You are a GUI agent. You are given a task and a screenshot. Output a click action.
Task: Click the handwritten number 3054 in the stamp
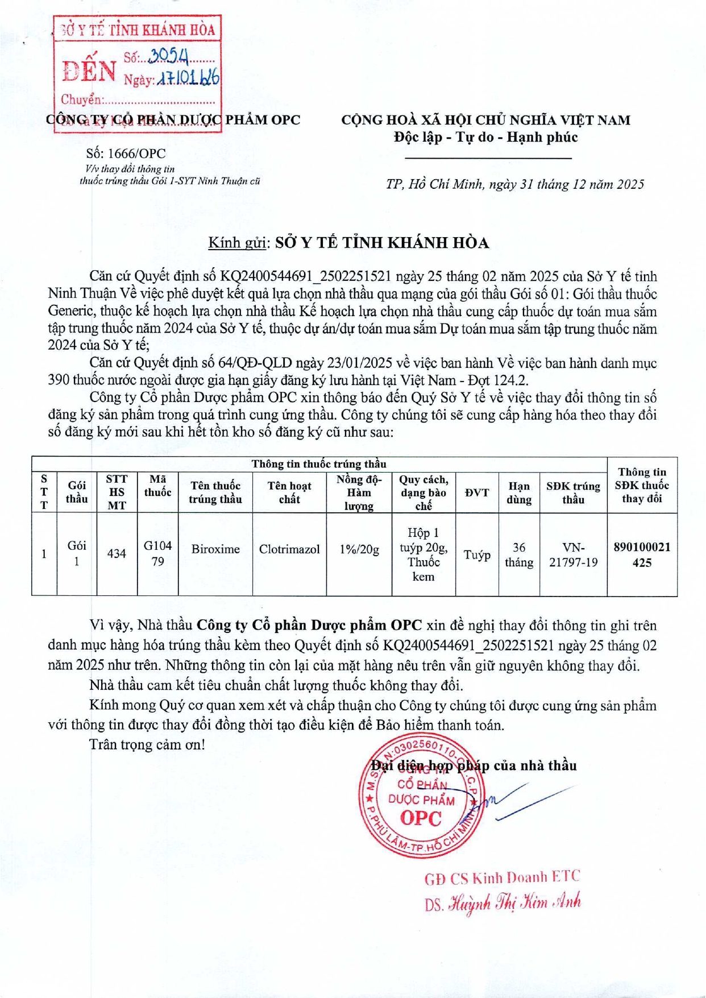pyautogui.click(x=168, y=55)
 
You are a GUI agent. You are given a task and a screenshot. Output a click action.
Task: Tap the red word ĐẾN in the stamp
pyautogui.click(x=90, y=71)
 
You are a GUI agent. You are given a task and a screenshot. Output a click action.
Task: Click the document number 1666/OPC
pyautogui.click(x=126, y=154)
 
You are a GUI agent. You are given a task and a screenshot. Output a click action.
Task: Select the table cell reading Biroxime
pyautogui.click(x=215, y=549)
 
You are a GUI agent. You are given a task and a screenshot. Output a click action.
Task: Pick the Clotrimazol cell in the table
pyautogui.click(x=289, y=549)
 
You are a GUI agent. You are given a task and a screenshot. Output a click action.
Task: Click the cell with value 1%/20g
pyautogui.click(x=359, y=549)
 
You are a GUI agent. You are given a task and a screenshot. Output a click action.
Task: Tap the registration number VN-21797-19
pyautogui.click(x=573, y=554)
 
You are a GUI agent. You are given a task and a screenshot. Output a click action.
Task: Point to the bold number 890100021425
pyautogui.click(x=642, y=554)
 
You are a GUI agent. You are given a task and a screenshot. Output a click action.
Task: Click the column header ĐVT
pyautogui.click(x=477, y=492)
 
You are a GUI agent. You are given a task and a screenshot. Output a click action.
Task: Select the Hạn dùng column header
pyautogui.click(x=519, y=492)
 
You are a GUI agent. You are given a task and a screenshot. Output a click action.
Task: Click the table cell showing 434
pyautogui.click(x=117, y=553)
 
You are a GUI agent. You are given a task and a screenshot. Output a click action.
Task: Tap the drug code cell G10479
pyautogui.click(x=157, y=553)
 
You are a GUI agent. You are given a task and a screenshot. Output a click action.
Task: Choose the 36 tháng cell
pyautogui.click(x=519, y=554)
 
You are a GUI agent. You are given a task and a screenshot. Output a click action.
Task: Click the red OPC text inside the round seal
pyautogui.click(x=421, y=818)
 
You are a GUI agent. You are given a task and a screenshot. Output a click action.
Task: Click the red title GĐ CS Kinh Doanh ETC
pyautogui.click(x=502, y=878)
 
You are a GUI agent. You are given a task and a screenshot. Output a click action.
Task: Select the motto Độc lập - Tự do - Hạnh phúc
pyautogui.click(x=486, y=137)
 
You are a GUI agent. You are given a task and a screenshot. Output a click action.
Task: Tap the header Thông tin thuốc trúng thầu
pyautogui.click(x=319, y=464)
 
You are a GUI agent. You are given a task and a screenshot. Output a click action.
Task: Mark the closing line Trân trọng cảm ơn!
pyautogui.click(x=147, y=744)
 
